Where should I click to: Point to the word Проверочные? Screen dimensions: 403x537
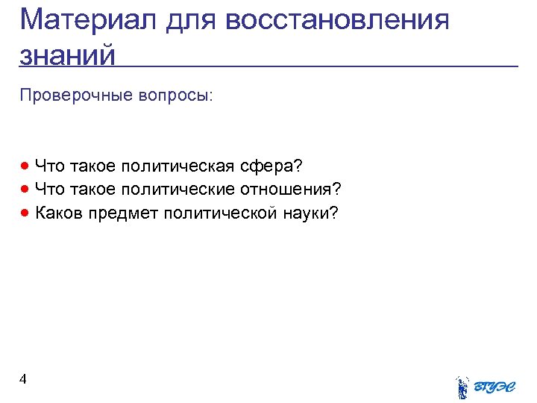click(x=72, y=96)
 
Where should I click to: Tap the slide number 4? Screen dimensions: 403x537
click(x=23, y=379)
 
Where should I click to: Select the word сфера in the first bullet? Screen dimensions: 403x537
click(x=275, y=166)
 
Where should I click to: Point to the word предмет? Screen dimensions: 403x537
click(x=124, y=213)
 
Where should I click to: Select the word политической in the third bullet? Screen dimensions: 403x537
click(x=221, y=213)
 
